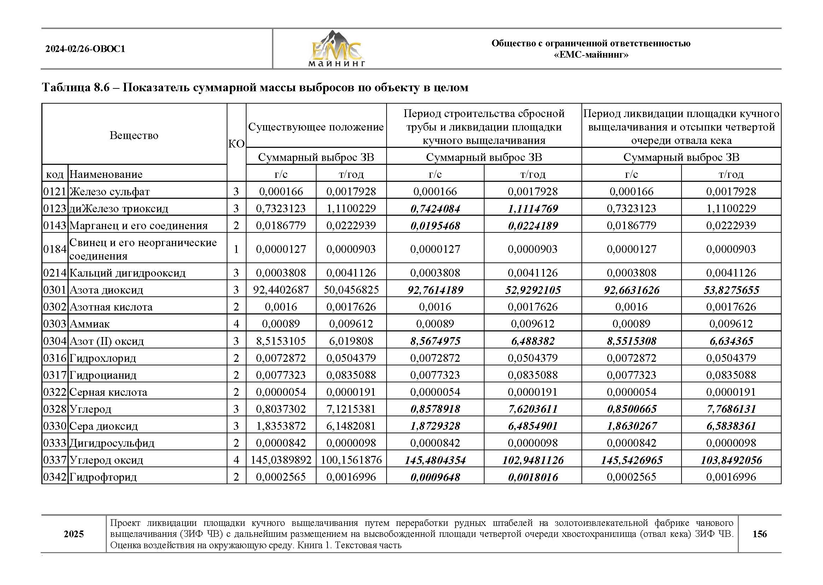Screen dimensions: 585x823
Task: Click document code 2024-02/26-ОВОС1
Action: click(x=85, y=49)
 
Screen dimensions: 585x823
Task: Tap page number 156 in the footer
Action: click(x=759, y=534)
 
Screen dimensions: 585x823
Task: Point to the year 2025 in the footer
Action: click(x=74, y=534)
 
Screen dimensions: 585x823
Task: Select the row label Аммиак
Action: click(x=89, y=324)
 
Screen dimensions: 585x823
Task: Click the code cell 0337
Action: click(x=55, y=460)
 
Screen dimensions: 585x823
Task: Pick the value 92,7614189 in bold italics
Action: click(x=435, y=290)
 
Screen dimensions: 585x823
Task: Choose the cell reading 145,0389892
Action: click(x=281, y=460)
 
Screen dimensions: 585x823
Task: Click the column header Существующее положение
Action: click(x=316, y=127)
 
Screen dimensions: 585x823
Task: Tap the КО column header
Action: click(x=236, y=144)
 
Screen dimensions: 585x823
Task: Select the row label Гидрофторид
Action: click(x=103, y=477)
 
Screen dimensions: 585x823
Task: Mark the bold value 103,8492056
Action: click(x=731, y=460)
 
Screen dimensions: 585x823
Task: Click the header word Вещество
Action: click(x=134, y=135)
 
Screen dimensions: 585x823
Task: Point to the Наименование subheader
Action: click(x=106, y=174)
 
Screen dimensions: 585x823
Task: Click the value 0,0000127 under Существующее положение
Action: click(x=281, y=249)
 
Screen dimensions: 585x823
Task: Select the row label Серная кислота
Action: click(x=108, y=392)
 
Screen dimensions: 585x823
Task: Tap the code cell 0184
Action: click(x=55, y=249)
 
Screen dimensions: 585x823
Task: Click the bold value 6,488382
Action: click(x=533, y=341)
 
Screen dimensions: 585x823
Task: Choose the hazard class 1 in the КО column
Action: click(x=236, y=249)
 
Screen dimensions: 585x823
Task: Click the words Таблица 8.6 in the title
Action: click(x=76, y=87)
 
